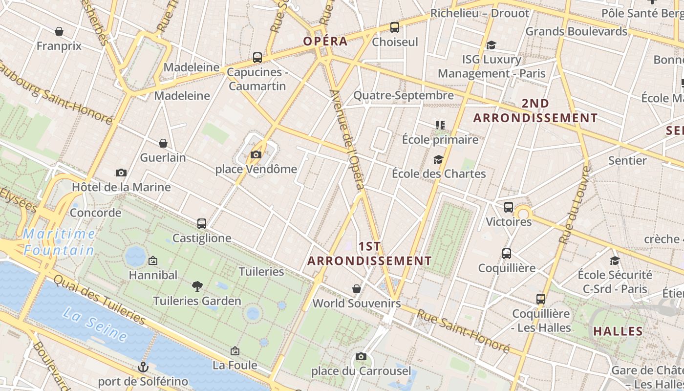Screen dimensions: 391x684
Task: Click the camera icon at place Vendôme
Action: (256, 155)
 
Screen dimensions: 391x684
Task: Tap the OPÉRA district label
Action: (325, 41)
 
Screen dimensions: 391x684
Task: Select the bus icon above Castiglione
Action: (202, 224)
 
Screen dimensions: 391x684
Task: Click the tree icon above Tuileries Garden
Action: (197, 286)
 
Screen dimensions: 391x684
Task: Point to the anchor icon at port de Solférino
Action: (143, 367)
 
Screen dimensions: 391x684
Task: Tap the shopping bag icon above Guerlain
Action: (163, 143)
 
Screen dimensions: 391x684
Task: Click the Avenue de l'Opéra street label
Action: (347, 140)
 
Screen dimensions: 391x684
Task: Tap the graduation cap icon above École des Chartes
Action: (438, 159)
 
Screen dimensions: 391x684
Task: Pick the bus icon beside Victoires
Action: (509, 207)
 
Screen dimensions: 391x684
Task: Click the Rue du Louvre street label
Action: (575, 205)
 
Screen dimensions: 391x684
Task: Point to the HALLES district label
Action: (618, 331)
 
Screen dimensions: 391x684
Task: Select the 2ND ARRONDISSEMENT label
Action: (535, 111)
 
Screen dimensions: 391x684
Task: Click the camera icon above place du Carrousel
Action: (361, 356)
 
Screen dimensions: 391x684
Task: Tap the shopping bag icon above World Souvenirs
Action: (357, 289)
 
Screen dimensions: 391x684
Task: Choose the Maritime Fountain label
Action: (59, 242)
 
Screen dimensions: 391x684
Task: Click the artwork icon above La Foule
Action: (235, 351)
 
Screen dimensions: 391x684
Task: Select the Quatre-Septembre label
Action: (404, 95)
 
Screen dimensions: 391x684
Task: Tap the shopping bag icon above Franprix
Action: (59, 32)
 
